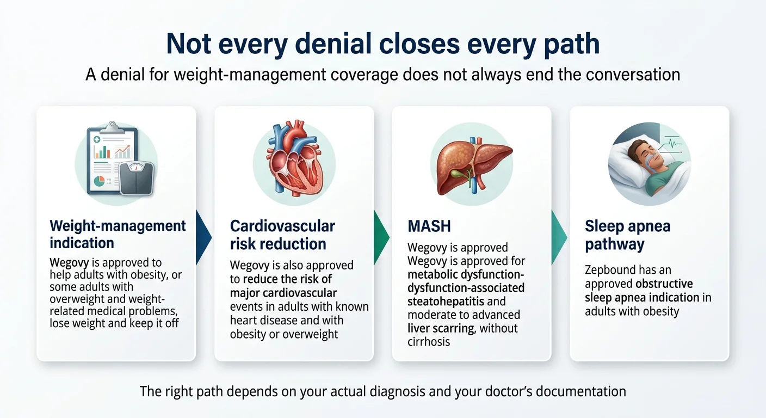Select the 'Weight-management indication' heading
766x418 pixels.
118,234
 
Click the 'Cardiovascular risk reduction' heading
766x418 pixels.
282,235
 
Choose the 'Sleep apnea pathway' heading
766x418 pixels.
627,235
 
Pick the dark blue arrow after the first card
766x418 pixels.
203,238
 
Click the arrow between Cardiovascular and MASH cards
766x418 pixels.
381,238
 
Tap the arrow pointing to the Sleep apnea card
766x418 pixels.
559,238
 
